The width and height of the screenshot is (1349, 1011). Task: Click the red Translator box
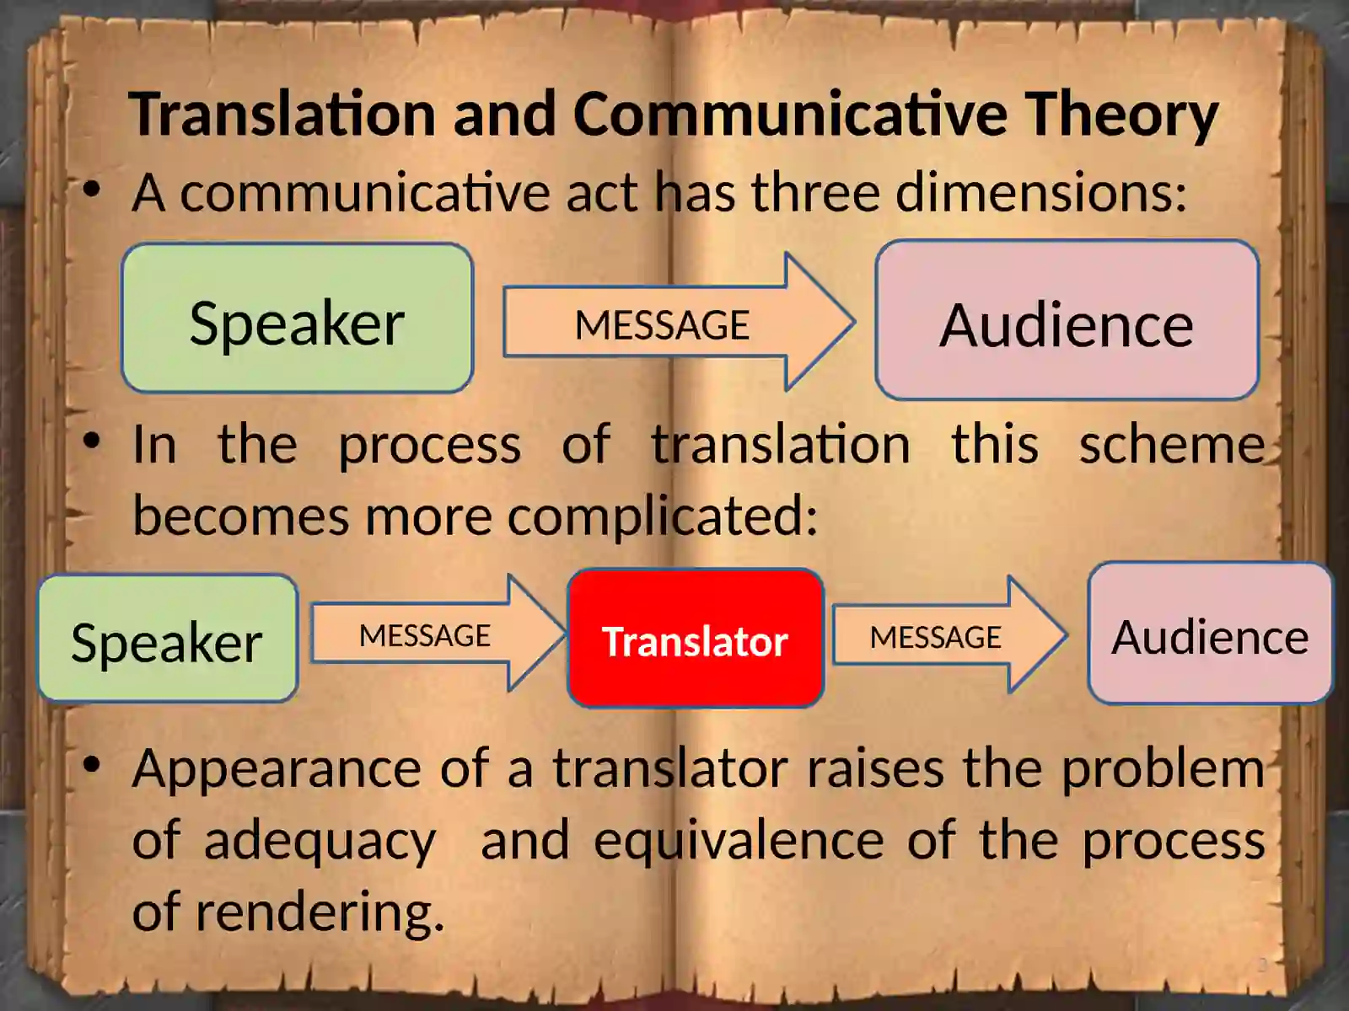696,639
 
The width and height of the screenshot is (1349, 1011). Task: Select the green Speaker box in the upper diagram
297,318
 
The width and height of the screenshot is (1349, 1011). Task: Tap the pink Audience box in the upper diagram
1067,320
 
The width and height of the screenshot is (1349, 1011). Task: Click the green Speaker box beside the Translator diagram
167,639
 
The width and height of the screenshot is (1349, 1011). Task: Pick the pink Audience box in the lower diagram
1210,634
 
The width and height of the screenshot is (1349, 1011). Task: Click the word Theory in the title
1121,115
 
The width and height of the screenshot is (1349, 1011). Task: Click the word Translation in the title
282,113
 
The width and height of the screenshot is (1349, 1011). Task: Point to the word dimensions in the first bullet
1040,192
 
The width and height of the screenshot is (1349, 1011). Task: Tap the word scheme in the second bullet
1172,444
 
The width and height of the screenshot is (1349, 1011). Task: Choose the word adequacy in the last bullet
320,841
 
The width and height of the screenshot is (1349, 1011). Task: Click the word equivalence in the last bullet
739,841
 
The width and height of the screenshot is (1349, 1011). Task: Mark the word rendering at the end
320,912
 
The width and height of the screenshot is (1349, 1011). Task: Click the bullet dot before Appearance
92,765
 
